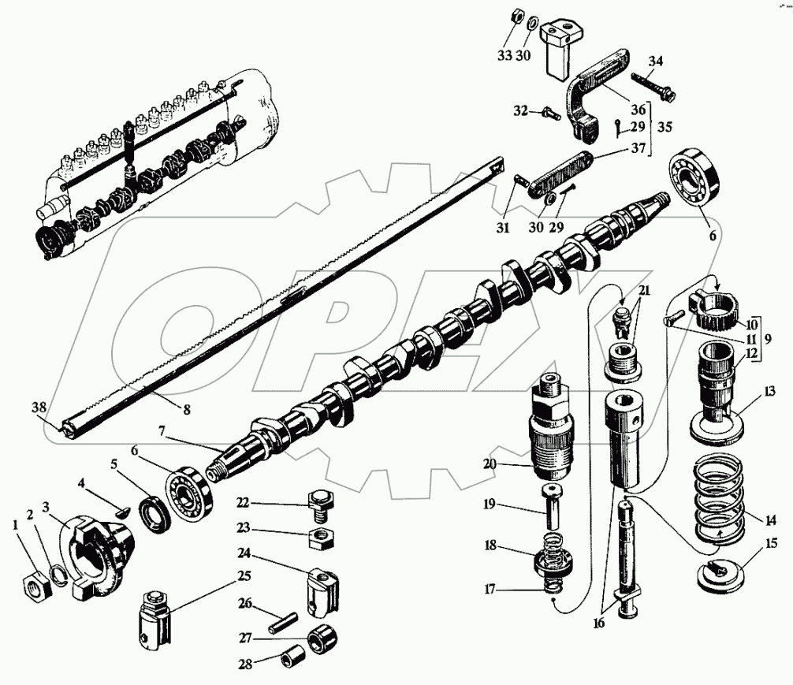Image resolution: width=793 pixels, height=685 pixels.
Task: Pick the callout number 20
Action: point(490,465)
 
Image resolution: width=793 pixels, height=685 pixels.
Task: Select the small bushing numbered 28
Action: point(290,657)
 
